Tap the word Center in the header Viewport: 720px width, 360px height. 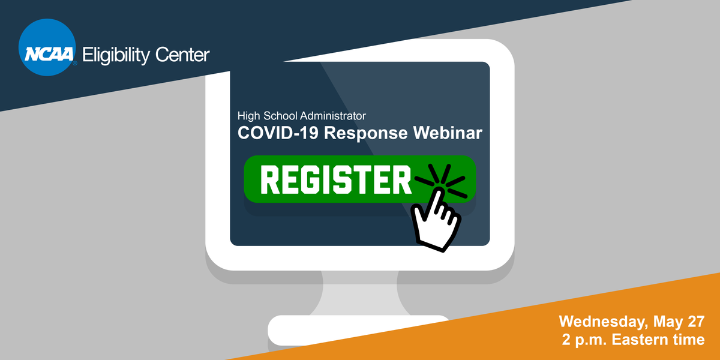181,56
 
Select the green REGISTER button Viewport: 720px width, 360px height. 336,179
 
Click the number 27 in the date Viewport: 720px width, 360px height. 695,321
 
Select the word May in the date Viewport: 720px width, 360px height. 665,321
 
